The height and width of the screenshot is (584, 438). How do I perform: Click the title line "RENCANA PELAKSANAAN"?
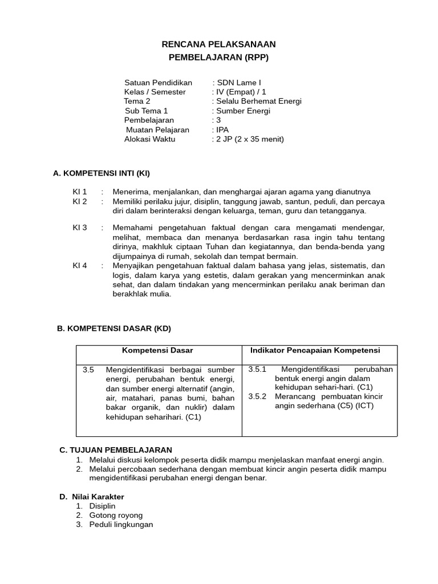tap(218, 44)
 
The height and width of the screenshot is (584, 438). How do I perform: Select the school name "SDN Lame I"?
tap(239, 83)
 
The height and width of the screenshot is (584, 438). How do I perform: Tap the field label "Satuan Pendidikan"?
tap(158, 83)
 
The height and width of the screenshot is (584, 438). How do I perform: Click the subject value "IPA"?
tap(222, 129)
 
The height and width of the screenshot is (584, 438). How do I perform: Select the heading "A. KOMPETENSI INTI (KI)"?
tap(101, 173)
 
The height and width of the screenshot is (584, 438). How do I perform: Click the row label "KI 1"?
tap(80, 192)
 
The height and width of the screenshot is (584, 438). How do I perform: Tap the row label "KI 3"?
tap(80, 228)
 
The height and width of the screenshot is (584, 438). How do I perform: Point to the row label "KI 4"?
tap(80, 265)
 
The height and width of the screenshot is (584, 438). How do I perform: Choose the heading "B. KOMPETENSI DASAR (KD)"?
tap(113, 328)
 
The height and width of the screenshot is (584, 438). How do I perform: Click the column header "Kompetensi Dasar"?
tap(158, 350)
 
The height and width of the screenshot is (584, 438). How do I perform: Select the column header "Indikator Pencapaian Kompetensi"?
tap(315, 350)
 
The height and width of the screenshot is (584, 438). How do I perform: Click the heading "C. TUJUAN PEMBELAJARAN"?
tap(115, 450)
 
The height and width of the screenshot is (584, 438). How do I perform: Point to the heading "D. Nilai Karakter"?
tap(92, 497)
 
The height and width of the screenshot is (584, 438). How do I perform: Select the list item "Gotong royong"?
tap(116, 516)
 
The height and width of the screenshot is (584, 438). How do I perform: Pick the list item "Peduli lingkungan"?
tap(121, 525)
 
